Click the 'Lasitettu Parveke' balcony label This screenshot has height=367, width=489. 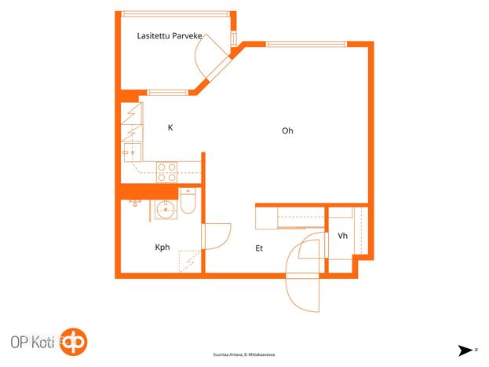point(170,36)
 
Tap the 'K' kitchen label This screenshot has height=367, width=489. point(170,127)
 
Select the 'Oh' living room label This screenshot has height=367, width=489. point(287,130)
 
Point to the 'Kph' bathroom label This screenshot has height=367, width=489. point(162,248)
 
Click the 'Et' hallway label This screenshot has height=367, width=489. point(259,248)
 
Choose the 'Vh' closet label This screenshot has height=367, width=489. point(342,236)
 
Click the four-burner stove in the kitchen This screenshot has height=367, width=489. point(167,172)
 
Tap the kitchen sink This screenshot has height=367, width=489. point(133,152)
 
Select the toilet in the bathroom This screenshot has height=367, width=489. point(188,201)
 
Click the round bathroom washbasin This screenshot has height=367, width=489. point(166,209)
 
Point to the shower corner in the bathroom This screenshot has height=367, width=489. point(190,262)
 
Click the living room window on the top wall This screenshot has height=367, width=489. point(306,44)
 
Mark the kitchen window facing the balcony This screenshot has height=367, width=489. point(167,93)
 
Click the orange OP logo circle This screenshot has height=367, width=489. point(74,342)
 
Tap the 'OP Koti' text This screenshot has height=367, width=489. point(32,343)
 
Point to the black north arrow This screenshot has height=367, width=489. point(465,350)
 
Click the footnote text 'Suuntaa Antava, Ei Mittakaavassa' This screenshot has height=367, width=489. point(244,354)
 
